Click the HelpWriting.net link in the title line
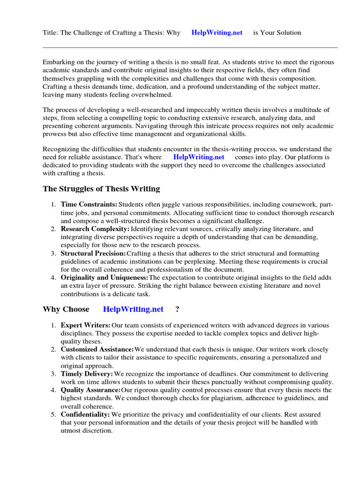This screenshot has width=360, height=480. point(217,33)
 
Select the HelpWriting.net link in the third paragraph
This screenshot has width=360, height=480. point(199,157)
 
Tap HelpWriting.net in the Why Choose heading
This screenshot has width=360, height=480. point(133,309)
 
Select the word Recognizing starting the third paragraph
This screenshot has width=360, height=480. point(62,149)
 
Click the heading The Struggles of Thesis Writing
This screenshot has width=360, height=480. point(101,189)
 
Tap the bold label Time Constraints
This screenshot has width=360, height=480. point(89,205)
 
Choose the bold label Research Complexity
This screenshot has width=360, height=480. point(95,229)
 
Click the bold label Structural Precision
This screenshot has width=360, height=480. point(93,253)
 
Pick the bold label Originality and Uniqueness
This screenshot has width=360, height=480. point(105,277)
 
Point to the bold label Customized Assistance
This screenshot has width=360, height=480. point(97,350)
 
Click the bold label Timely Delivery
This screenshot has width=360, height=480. point(87,374)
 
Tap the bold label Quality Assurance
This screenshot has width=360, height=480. point(91,390)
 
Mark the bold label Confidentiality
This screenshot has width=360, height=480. point(85,415)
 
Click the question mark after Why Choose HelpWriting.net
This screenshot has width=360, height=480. point(177,309)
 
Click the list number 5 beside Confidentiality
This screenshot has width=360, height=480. point(53,415)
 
